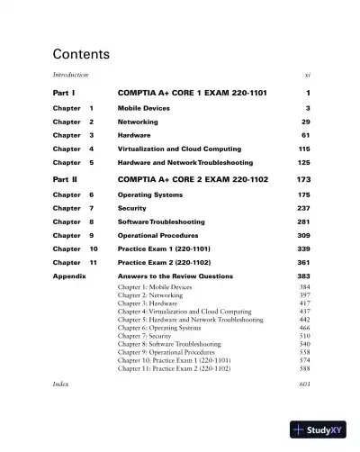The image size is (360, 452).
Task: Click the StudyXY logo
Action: (x=319, y=429)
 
